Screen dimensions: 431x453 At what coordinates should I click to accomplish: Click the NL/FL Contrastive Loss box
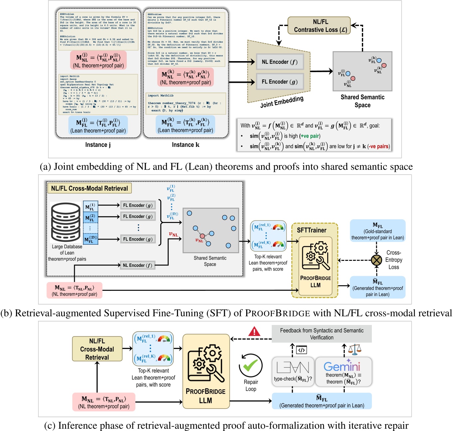(x=319, y=26)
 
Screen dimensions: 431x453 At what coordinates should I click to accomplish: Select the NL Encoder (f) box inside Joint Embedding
(x=280, y=62)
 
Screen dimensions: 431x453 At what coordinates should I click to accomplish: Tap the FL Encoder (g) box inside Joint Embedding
(x=280, y=82)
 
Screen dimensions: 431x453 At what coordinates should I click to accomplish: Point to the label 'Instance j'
(x=98, y=145)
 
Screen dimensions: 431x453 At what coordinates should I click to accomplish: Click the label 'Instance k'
(x=186, y=145)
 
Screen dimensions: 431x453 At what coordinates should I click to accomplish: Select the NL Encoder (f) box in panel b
(x=137, y=265)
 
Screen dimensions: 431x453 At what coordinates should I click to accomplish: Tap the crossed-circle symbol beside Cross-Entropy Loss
(x=377, y=260)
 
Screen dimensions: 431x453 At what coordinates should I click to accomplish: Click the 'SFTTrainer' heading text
(x=311, y=230)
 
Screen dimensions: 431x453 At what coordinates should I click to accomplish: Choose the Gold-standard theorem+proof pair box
(x=378, y=231)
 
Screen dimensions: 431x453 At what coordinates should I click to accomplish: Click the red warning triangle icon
(x=254, y=331)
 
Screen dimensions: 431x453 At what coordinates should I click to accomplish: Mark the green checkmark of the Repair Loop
(x=250, y=366)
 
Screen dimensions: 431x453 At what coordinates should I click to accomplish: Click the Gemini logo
(x=342, y=367)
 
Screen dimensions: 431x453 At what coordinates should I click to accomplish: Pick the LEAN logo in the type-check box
(x=293, y=368)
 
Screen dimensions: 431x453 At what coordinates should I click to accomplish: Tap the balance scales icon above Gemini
(x=355, y=349)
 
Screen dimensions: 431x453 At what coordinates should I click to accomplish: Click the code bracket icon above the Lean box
(x=301, y=350)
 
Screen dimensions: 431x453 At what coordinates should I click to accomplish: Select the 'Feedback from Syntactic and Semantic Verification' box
(x=322, y=334)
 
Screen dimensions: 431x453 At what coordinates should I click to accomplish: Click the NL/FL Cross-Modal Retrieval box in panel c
(x=97, y=349)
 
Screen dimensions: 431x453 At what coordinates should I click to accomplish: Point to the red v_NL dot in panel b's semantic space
(x=202, y=236)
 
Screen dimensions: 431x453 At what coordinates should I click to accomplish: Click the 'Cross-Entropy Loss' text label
(x=394, y=260)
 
